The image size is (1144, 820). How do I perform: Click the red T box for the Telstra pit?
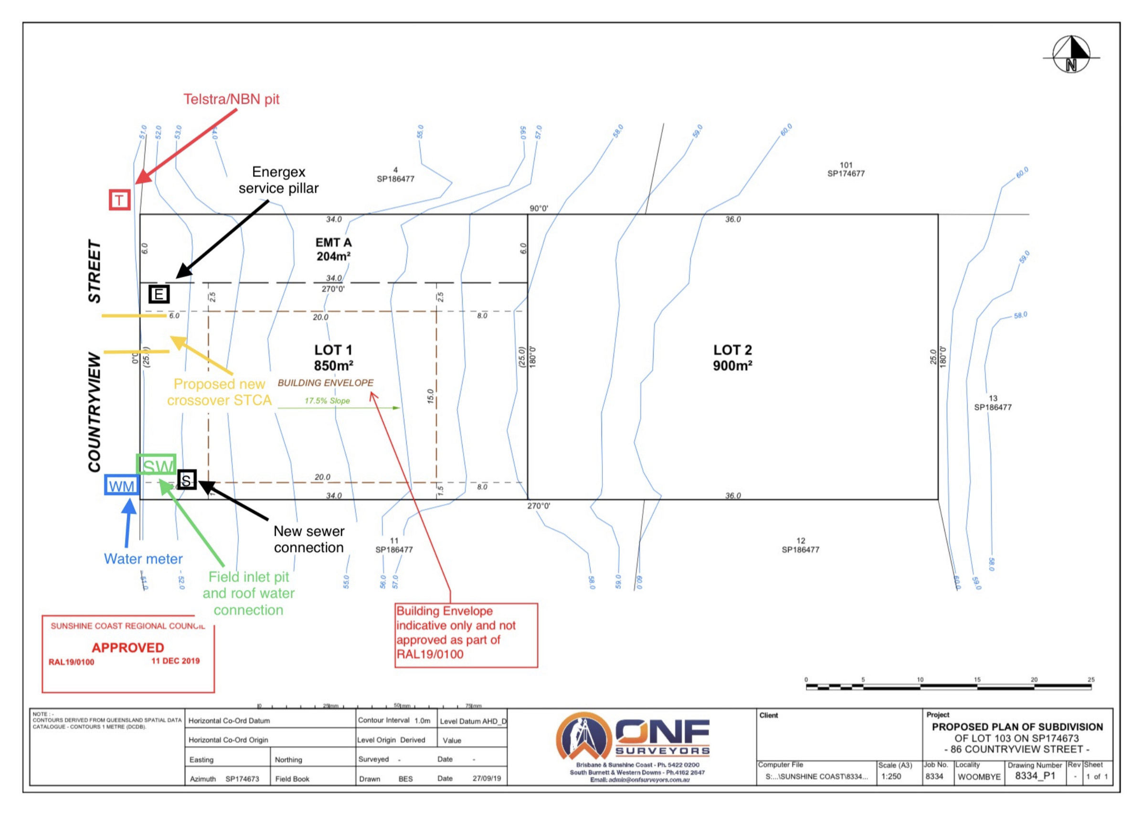[x=119, y=200]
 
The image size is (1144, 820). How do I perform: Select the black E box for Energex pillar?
[x=159, y=294]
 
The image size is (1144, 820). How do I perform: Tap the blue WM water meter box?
[x=122, y=485]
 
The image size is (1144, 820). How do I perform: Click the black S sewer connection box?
[x=187, y=480]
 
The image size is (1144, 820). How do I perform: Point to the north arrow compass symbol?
[x=1071, y=54]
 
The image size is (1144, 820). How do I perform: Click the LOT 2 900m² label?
[x=732, y=357]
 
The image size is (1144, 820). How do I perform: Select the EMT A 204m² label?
[x=333, y=250]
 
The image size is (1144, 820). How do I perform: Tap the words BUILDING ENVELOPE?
[x=325, y=383]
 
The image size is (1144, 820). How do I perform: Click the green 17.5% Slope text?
[x=327, y=401]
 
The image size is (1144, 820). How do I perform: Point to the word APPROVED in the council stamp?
[x=127, y=648]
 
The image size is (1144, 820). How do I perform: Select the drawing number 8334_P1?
[x=1035, y=776]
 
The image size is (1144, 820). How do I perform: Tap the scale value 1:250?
[x=891, y=777]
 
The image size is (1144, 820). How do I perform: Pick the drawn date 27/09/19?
[x=486, y=778]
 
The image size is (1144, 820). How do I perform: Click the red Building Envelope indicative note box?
[x=466, y=635]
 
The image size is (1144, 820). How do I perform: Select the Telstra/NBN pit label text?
[x=231, y=99]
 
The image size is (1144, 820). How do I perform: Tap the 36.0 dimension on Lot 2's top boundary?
[x=733, y=220]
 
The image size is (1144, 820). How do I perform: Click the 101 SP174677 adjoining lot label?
[x=846, y=169]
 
